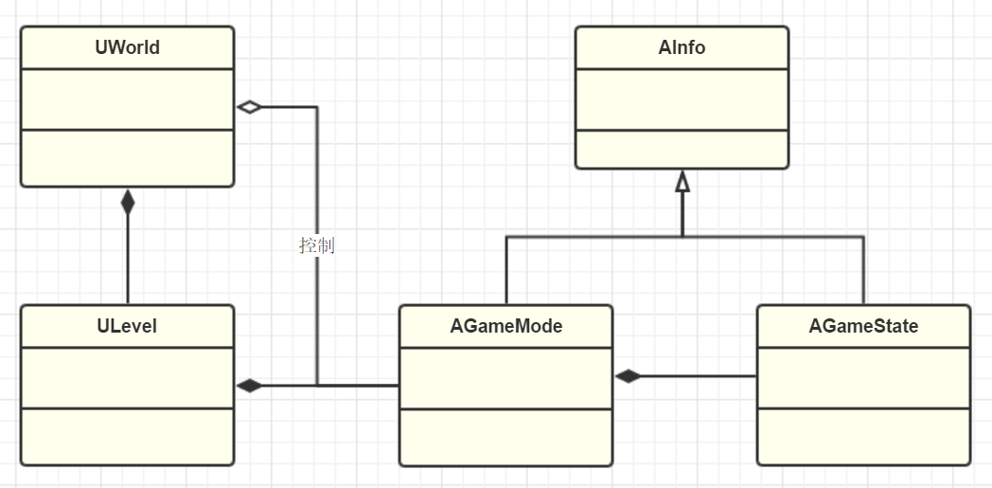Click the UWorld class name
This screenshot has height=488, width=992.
(127, 47)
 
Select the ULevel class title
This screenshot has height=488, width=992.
(127, 326)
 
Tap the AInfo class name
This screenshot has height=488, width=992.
(682, 47)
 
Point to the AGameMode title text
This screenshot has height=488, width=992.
(505, 326)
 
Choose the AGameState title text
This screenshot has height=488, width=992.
(863, 326)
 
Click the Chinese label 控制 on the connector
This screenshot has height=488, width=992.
(316, 245)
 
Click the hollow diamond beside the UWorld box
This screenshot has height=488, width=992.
(249, 107)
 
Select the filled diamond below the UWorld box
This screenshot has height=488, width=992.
(128, 201)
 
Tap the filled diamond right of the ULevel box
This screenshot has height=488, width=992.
(249, 386)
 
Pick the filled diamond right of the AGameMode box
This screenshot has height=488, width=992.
(628, 376)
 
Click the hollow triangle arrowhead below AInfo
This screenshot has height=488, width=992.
(682, 182)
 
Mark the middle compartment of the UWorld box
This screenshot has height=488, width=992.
(127, 99)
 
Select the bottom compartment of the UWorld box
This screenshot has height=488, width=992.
(127, 157)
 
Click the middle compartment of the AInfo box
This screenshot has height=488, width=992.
(682, 99)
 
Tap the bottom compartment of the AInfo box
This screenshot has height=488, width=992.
(682, 149)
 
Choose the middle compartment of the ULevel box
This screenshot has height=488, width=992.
(127, 377)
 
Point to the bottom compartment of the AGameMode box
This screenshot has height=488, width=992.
(505, 437)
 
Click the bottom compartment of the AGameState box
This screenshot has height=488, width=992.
(863, 437)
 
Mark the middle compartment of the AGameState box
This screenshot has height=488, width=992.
(863, 377)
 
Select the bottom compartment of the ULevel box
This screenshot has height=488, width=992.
(127, 436)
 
